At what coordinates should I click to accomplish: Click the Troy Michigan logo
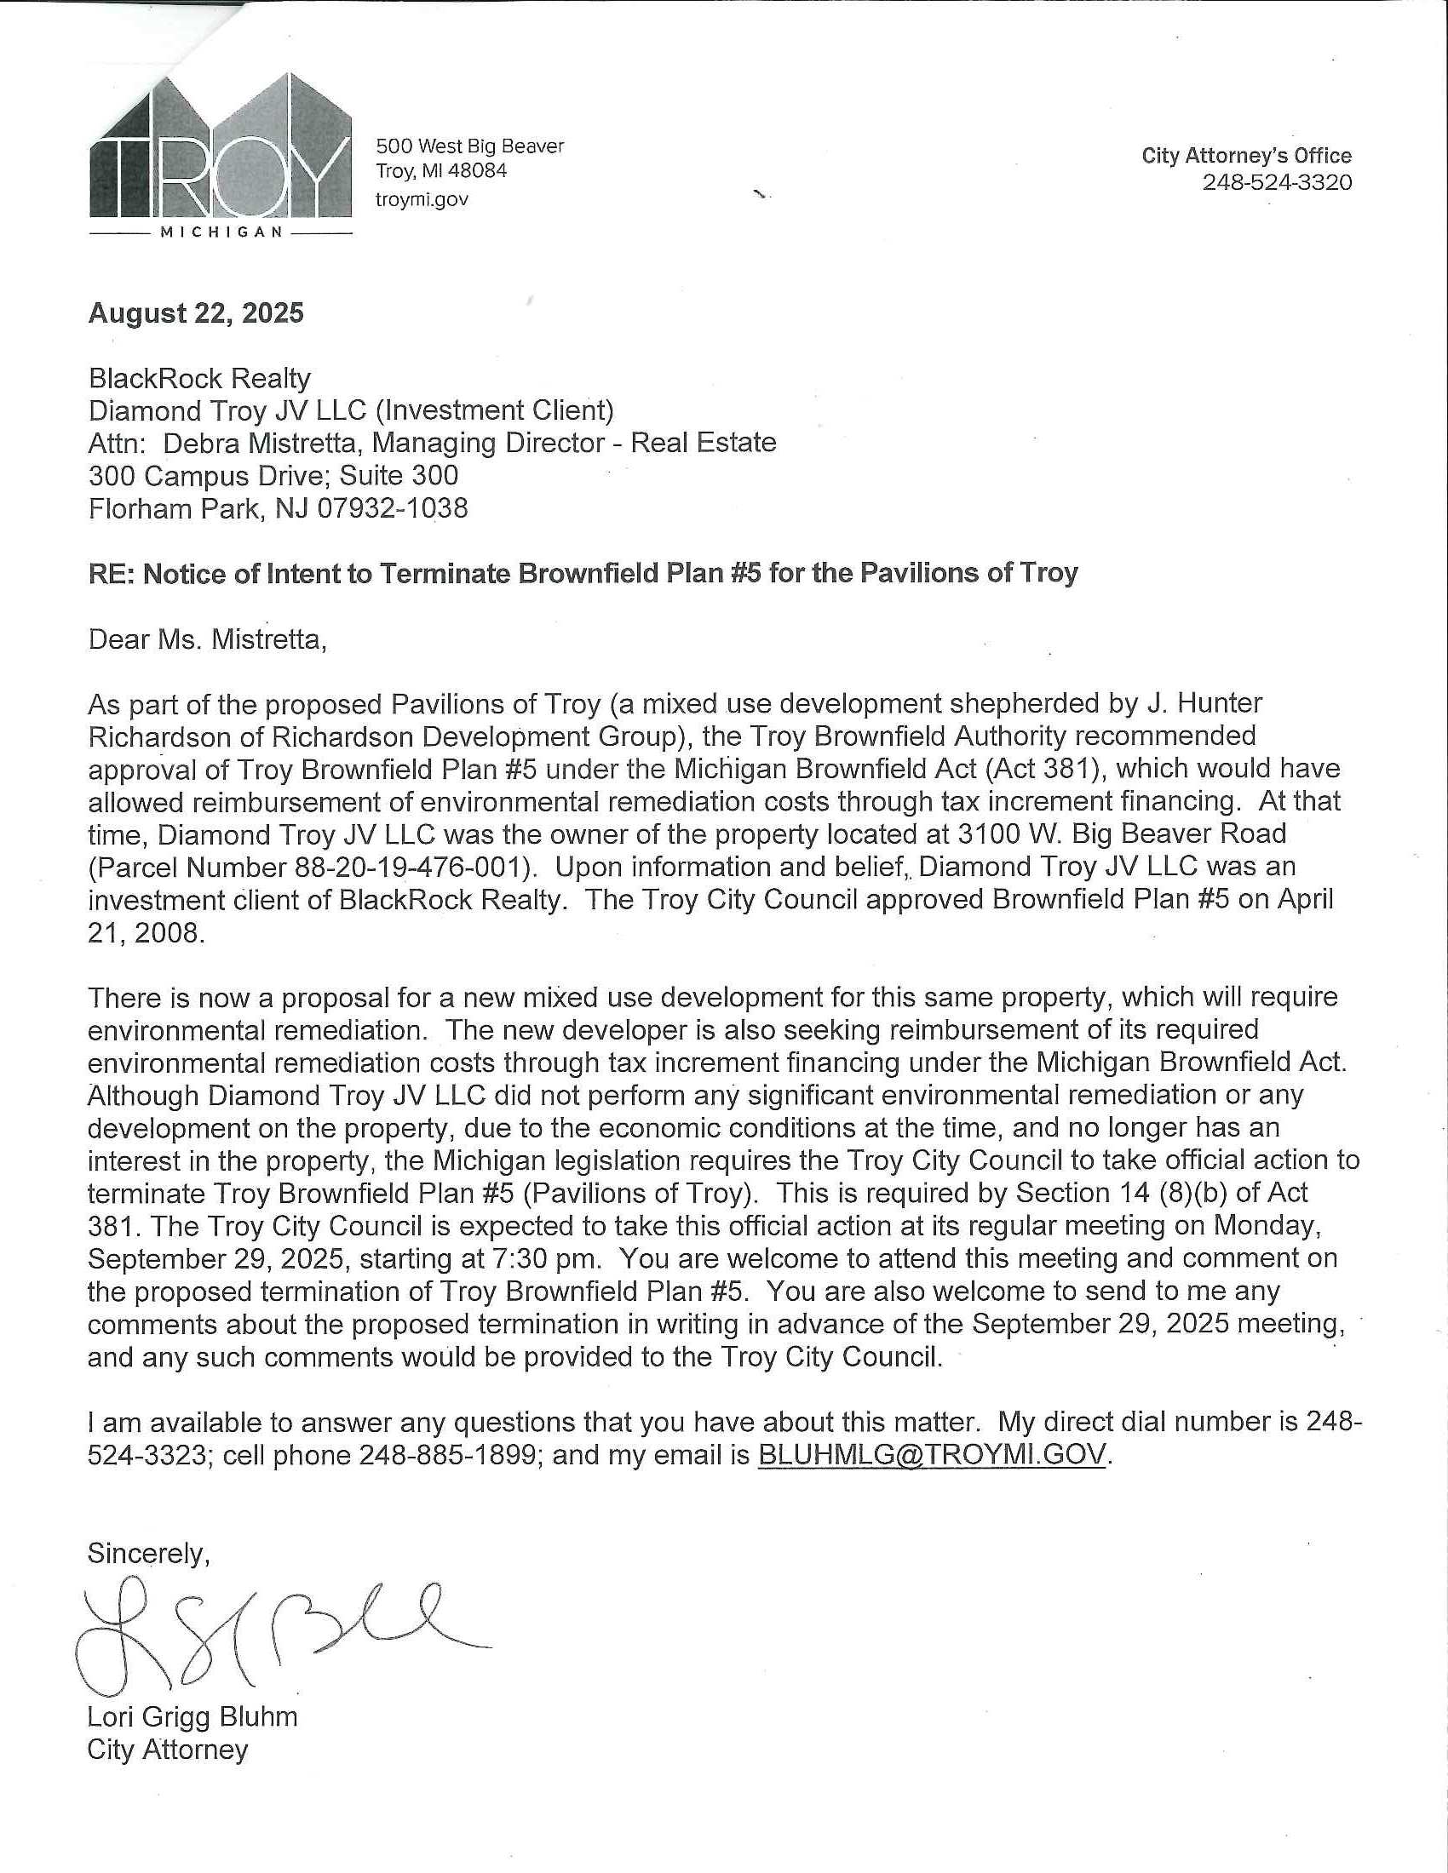tap(221, 154)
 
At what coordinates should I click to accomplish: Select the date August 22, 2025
tap(196, 313)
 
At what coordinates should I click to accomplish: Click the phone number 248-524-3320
tap(1277, 183)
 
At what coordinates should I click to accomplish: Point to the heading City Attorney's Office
tap(1245, 155)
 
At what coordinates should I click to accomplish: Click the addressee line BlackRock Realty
tap(199, 378)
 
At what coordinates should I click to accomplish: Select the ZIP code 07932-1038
tap(393, 508)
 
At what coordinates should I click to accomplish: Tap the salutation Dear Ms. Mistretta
tap(207, 639)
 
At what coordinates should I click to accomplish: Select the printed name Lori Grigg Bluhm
tap(192, 1716)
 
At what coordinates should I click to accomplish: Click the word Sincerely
tap(148, 1553)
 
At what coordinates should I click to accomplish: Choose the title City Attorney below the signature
tap(167, 1750)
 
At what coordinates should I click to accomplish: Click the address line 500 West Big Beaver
tap(470, 146)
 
